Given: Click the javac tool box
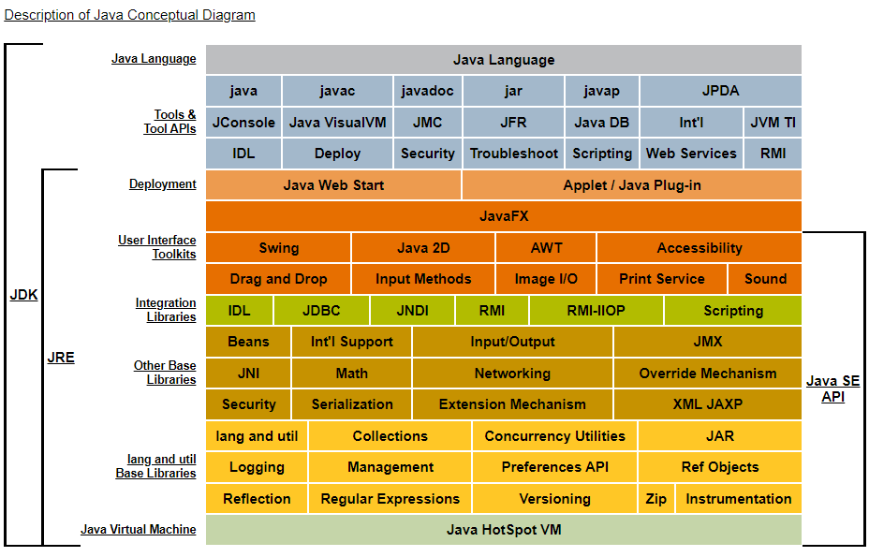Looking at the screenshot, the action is pos(337,91).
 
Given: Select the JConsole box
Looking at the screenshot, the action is pos(243,123).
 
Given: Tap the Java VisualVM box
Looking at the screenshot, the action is pos(337,123).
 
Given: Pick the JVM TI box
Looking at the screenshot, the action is pos(773,123).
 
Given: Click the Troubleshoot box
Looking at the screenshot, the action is pos(514,154).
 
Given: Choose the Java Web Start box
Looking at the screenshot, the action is pos(333,185).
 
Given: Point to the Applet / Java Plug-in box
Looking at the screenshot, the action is pos(632,185).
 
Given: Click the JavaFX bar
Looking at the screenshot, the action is pos(504,216).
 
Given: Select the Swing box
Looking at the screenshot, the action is pos(278,248).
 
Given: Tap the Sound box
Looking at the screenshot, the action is pos(765,279).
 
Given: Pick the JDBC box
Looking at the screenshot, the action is pos(321,311).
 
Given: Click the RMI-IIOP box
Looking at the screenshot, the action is pos(597,311).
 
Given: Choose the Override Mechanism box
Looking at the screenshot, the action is pos(708,374).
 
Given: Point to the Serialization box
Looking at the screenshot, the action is pos(352,404).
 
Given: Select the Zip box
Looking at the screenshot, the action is pos(656,499).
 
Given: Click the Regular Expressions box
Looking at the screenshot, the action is pos(390,499).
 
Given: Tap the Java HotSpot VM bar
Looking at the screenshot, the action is pos(504,530).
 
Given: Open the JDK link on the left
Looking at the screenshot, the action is pos(23,295).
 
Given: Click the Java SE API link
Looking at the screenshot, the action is pos(833,389).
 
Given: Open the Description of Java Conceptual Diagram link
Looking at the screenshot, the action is pos(129,15).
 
